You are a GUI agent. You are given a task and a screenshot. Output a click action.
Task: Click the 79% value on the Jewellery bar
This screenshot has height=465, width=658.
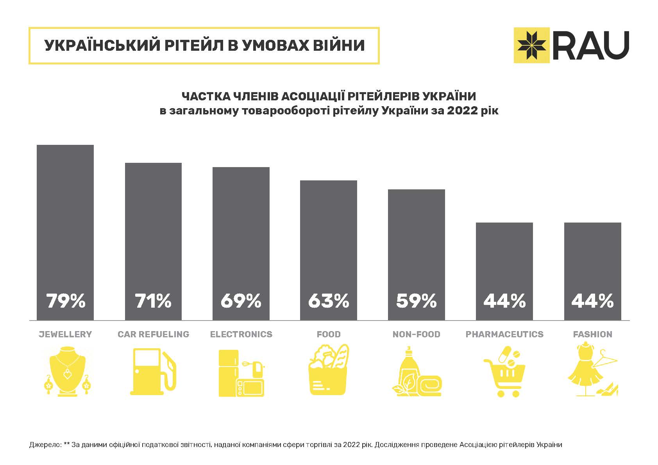click(66, 301)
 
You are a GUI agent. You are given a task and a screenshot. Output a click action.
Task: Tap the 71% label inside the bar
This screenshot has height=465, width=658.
click(153, 301)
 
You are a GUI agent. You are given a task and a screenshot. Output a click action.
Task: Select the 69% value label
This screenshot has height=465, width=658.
click(241, 301)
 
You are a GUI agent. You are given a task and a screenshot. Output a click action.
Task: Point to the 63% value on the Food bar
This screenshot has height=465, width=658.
click(329, 301)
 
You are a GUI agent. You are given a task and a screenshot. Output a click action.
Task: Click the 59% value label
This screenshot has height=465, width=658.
click(416, 301)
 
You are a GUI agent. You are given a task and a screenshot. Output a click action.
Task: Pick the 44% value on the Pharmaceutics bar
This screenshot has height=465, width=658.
click(504, 301)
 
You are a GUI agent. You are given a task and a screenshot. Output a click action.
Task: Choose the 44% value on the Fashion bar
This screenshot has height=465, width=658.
click(592, 301)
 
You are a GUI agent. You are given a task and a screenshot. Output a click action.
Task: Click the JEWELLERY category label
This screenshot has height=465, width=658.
click(65, 334)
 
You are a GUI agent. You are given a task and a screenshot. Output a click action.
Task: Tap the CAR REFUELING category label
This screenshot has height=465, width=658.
click(153, 334)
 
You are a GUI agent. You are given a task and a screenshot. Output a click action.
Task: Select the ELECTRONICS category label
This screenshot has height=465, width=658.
click(241, 334)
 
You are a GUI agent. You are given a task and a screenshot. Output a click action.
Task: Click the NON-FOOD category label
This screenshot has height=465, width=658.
click(416, 334)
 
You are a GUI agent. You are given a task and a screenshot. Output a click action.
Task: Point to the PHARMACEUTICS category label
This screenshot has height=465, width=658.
click(504, 334)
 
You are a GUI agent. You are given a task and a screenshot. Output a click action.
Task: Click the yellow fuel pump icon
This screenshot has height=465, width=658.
click(153, 371)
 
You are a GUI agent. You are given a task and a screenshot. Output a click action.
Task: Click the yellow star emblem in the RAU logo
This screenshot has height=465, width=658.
click(532, 45)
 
